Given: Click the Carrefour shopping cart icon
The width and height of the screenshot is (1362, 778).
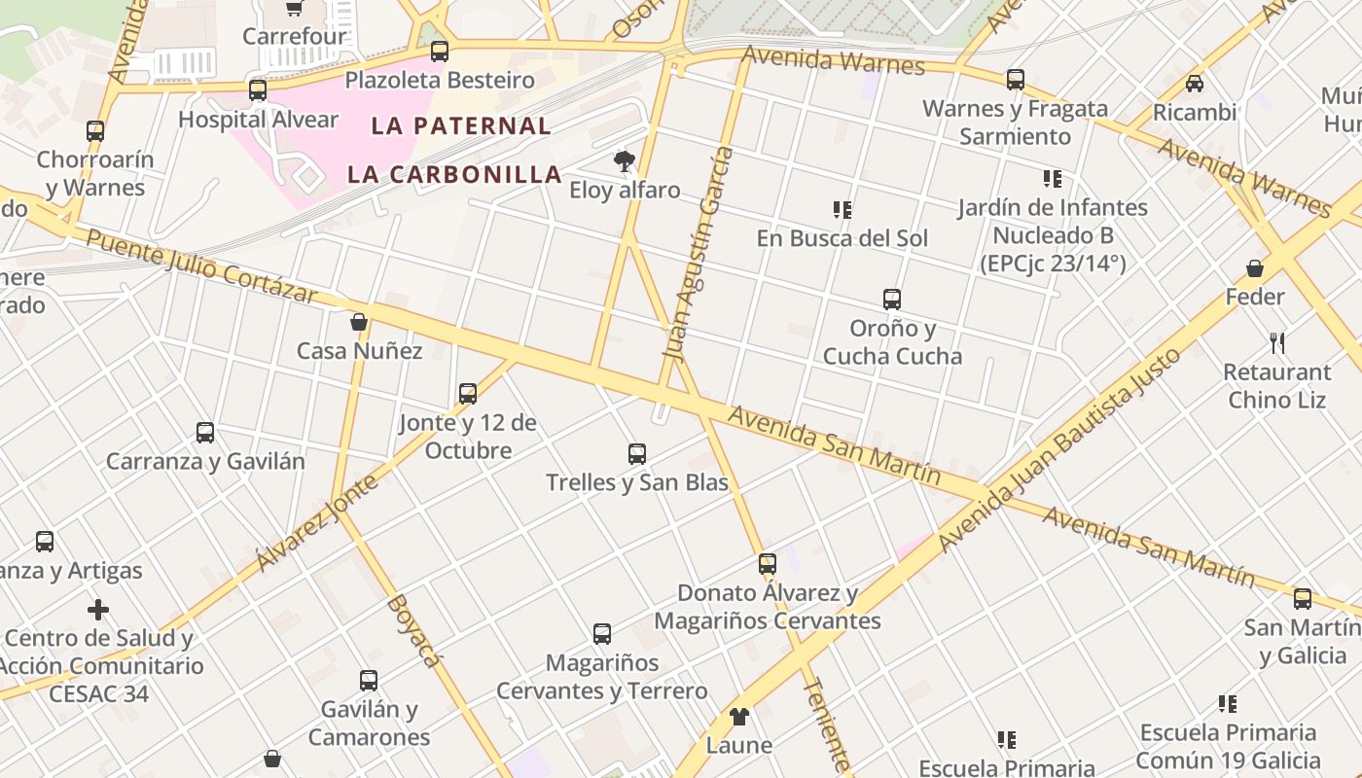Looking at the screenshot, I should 294,9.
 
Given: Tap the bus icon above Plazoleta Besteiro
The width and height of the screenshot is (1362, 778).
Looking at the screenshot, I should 440,52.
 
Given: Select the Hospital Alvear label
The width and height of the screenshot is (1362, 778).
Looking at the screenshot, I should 258,120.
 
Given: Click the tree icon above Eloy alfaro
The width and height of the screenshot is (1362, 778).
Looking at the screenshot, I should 625,161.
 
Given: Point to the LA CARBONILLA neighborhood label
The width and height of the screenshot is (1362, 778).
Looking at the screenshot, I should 455,175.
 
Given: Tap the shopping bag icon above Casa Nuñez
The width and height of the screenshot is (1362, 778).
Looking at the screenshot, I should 359,322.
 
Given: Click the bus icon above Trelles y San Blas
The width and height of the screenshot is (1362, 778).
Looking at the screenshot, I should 637,454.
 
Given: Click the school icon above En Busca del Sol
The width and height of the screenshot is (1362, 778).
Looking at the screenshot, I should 842,210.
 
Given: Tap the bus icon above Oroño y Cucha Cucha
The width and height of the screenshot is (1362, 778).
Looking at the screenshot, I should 892,300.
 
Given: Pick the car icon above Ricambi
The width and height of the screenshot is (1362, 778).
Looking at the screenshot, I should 1195,84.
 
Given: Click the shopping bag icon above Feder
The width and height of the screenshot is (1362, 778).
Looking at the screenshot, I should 1255,268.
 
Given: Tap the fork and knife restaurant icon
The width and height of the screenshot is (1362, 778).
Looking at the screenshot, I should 1278,343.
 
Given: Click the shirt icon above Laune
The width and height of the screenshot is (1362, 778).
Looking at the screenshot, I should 739,718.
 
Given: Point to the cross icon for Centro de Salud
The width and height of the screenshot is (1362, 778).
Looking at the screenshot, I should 98,611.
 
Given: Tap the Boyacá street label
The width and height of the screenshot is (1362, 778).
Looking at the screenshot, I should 414,631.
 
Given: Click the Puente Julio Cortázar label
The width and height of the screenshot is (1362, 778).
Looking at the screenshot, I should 202,265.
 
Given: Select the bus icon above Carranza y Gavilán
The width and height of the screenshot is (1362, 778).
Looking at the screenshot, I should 205,433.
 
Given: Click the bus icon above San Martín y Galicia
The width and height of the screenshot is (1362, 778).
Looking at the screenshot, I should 1303,599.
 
